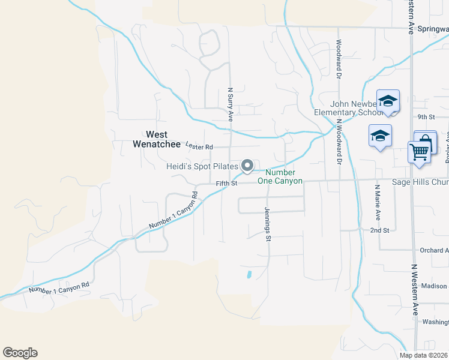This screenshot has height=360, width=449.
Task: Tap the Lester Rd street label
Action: point(199,146)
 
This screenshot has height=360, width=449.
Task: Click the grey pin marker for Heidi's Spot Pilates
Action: point(247,165)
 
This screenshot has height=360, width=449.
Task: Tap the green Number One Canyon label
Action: point(280,176)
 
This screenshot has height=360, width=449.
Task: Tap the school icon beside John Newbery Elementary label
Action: point(388,101)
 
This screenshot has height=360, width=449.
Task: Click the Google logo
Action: point(20,353)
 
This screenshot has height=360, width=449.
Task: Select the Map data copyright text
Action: point(423,355)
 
